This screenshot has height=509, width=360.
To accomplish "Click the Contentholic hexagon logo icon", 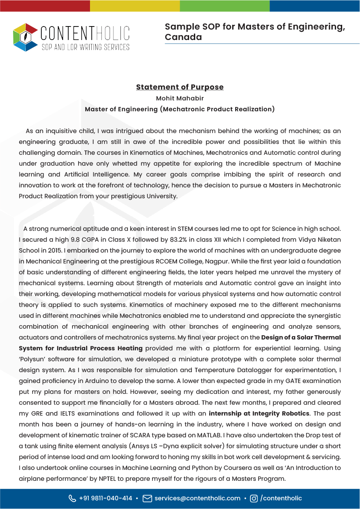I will [25, 37].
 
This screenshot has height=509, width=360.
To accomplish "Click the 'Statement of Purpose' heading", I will [180, 87].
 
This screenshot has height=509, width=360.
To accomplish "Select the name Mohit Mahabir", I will [180, 98].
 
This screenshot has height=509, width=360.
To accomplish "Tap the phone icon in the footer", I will [72, 498].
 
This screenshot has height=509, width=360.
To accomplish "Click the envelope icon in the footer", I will [147, 498].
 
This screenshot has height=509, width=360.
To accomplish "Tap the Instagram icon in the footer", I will [254, 499].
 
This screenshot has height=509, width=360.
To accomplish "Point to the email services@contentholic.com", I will [197, 498].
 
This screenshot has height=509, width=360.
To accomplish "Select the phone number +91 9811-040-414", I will [106, 498].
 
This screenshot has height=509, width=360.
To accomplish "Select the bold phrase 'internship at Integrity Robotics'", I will [259, 413].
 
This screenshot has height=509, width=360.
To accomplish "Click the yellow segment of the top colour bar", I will [135, 6].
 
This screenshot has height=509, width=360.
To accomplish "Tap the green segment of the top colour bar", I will [225, 6].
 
